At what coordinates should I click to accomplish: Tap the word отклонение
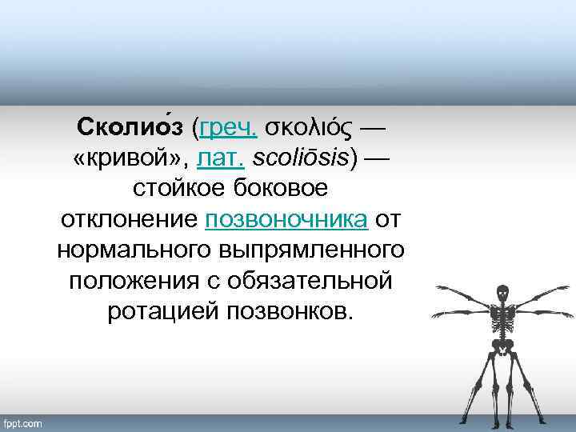pyautogui.click(x=130, y=220)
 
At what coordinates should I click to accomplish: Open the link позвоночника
pyautogui.click(x=287, y=220)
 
